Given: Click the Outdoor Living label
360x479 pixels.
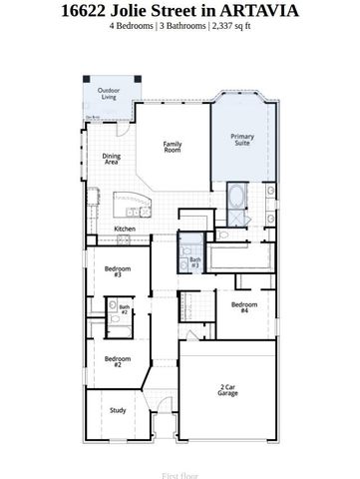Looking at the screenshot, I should tap(108, 94).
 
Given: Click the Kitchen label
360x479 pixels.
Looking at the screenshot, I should tap(125, 229).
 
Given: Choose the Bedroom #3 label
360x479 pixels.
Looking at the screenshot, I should tap(118, 271).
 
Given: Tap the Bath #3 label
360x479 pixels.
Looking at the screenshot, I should tap(195, 263).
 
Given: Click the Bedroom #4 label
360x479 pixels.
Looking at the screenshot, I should tap(244, 307).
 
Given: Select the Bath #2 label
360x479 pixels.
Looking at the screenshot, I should tap(125, 310).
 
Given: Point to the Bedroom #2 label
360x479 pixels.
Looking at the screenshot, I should tap(117, 361).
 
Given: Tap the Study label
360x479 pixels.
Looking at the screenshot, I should tap(118, 410).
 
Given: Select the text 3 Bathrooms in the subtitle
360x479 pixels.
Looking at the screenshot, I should tap(182, 26).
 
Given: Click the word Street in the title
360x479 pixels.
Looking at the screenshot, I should tap(170, 10).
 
